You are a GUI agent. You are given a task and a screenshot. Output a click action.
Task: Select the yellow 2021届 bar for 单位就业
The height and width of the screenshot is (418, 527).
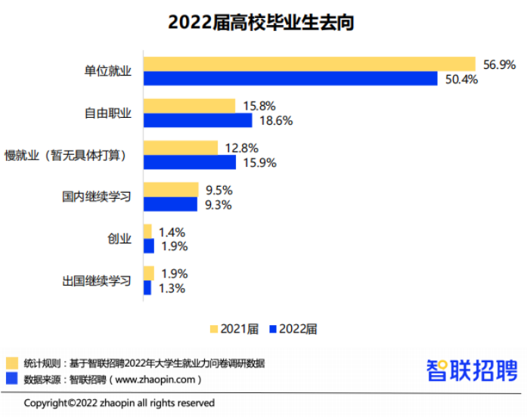click(309, 64)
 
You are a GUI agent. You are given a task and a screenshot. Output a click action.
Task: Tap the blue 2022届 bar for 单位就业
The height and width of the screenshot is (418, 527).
click(290, 79)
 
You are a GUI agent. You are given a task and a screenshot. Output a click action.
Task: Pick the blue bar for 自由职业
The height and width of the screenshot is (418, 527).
click(197, 120)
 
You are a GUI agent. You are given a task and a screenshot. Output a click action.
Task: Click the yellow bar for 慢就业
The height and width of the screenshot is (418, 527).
click(181, 148)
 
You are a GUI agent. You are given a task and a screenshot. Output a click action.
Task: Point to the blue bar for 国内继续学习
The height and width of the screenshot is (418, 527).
click(170, 204)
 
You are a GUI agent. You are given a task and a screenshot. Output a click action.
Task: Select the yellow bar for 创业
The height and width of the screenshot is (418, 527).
click(148, 231)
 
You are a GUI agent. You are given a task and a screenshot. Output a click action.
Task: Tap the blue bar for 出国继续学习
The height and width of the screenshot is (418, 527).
click(147, 287)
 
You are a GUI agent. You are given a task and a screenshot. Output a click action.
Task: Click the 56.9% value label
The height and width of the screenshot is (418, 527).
click(500, 65)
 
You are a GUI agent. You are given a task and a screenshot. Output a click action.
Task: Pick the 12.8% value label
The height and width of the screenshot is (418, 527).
click(241, 148)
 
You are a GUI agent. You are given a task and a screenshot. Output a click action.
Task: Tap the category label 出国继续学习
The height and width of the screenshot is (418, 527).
click(97, 281)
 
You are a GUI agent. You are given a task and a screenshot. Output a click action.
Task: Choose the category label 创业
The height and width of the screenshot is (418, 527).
click(119, 239)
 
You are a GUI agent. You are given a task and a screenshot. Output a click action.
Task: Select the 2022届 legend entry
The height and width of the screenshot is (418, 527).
click(293, 329)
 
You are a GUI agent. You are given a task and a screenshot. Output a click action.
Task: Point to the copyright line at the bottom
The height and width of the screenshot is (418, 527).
click(119, 403)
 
